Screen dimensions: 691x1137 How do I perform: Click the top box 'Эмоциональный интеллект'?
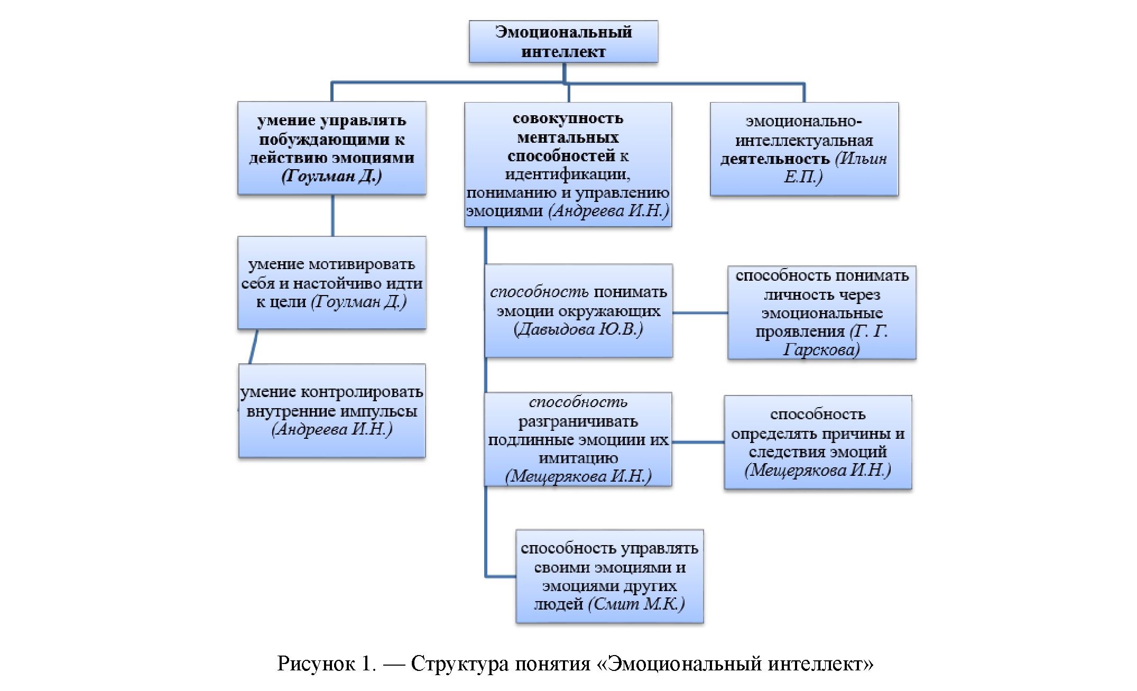tap(563, 42)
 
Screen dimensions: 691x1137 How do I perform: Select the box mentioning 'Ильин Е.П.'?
tap(803, 149)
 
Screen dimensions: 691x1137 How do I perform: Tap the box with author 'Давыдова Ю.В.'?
tap(578, 311)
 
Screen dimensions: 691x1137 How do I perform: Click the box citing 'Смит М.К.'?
tap(609, 576)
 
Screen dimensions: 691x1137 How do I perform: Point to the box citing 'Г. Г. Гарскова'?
tap(821, 312)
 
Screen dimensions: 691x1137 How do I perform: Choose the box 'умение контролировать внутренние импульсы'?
tap(331, 411)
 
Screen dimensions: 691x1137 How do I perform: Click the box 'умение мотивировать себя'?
tap(331, 283)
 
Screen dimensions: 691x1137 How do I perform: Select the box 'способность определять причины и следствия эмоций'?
tap(817, 442)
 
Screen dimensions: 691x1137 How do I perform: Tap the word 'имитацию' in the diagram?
tap(578, 458)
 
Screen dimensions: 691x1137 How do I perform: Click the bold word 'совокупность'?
tap(568, 118)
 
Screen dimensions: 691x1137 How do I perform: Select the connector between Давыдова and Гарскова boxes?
tap(700, 313)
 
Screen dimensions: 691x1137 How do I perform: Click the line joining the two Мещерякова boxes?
tap(698, 442)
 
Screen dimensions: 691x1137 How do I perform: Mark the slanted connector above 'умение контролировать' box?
tap(253, 347)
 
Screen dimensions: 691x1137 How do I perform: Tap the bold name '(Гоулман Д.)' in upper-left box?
tap(331, 176)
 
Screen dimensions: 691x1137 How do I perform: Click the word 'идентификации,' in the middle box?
tap(567, 174)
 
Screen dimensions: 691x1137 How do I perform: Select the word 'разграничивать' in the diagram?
tap(578, 421)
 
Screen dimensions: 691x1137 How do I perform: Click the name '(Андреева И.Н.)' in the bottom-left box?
tap(331, 429)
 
